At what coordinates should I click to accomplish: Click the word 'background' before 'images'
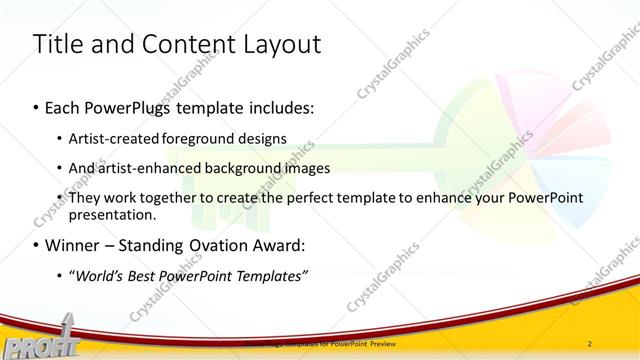click(249, 168)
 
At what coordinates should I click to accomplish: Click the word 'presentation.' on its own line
click(112, 214)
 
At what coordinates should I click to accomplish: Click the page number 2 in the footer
click(590, 343)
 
